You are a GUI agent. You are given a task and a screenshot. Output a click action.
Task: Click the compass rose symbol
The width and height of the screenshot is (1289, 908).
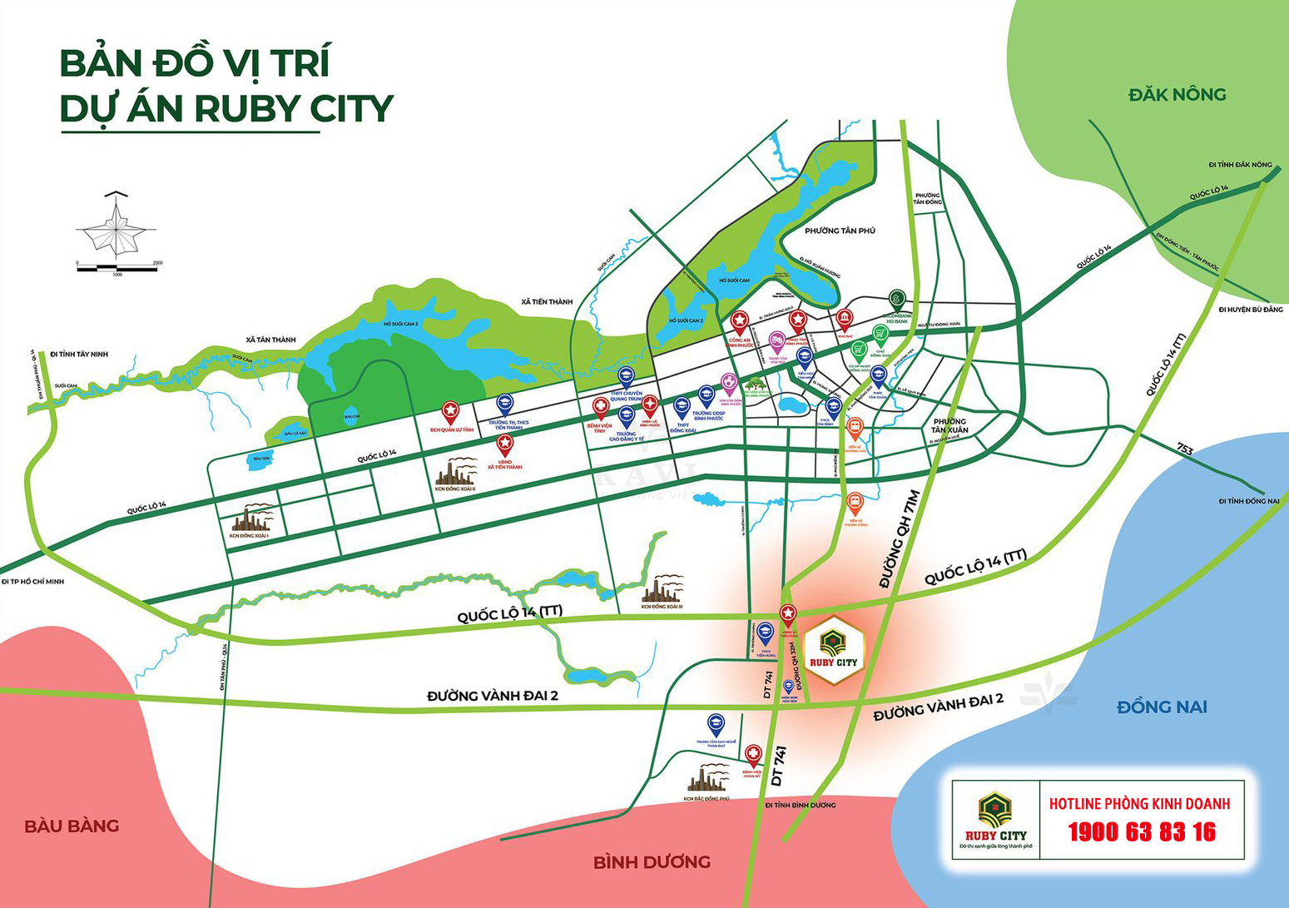pos(117,226)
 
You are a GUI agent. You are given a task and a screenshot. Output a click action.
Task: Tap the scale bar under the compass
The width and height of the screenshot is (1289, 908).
pos(117,267)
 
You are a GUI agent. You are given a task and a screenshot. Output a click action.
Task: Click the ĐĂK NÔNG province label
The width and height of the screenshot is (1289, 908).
pos(1177,95)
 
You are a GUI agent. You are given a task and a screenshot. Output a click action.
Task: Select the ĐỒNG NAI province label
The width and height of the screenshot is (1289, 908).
pos(1161,707)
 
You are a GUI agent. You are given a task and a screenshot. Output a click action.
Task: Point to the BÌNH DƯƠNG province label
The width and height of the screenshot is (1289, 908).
pos(652,862)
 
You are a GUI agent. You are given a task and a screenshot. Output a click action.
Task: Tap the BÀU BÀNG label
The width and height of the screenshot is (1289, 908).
pos(72,826)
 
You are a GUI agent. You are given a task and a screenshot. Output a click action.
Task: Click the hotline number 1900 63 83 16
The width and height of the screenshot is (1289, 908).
pos(1141,831)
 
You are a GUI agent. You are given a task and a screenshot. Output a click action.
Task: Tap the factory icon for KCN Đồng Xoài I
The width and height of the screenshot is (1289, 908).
pos(250,519)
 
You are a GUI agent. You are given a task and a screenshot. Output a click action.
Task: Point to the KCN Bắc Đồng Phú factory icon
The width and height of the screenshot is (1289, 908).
pos(707,779)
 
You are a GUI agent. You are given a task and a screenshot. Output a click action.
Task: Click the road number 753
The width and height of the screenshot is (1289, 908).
pos(1185,450)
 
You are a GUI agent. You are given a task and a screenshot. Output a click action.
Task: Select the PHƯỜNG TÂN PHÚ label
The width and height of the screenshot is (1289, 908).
pos(840,231)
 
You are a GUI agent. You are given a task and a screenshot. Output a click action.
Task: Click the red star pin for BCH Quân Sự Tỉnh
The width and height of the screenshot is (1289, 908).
pos(450,411)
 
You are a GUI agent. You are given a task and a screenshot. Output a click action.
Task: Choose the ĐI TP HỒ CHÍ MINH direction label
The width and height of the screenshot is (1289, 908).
pos(32,581)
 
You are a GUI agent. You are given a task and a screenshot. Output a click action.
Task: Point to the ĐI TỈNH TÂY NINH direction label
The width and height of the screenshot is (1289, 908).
pos(78,354)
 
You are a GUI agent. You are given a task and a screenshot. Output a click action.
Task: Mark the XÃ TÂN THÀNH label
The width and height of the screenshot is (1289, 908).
pos(270,340)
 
